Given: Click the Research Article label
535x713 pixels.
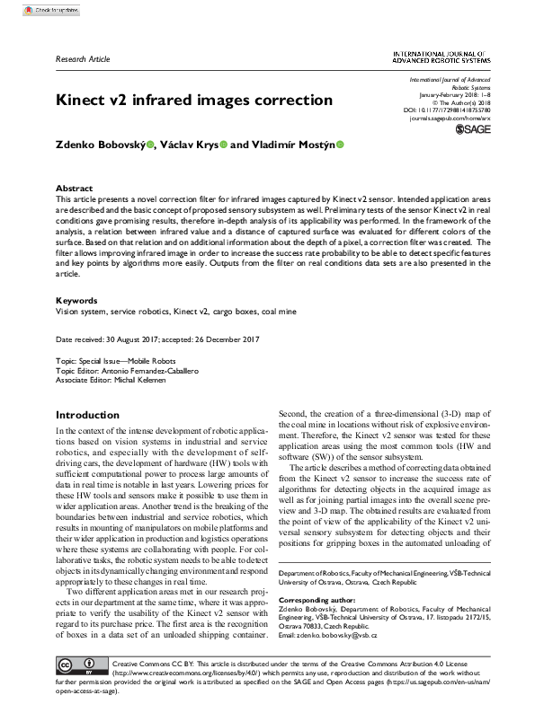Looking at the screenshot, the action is pos(83,59).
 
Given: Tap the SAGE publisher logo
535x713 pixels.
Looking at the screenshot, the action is pos(476,130).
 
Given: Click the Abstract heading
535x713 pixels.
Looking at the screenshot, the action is pos(75,189).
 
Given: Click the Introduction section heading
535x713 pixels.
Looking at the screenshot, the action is pos(94,415).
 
